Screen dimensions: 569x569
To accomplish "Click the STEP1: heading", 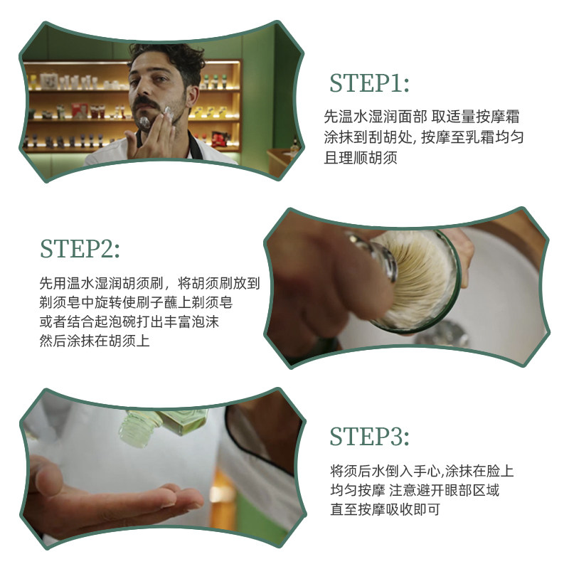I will (x=369, y=83).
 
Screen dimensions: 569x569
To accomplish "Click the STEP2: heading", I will (x=80, y=248).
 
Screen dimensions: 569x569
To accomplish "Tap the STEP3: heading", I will (x=369, y=437).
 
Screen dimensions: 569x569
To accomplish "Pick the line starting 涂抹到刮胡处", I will (x=424, y=137).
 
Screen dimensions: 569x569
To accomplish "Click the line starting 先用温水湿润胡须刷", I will (x=149, y=282).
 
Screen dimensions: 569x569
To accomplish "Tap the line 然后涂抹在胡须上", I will (x=95, y=342).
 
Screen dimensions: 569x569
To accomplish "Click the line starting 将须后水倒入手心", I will (x=422, y=470).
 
